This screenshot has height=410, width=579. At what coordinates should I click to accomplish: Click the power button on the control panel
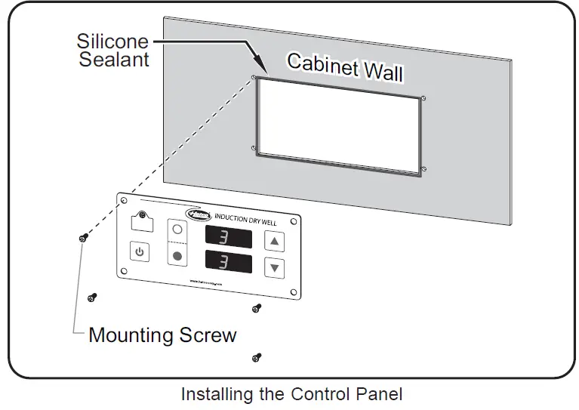(139, 251)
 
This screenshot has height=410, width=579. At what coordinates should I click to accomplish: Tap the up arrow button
(275, 242)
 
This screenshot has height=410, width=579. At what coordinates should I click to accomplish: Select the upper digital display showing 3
(229, 237)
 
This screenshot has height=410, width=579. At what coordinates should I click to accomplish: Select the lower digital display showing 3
(229, 264)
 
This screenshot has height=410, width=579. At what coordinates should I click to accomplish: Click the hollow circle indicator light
(178, 229)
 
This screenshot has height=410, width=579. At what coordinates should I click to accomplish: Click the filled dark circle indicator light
(178, 256)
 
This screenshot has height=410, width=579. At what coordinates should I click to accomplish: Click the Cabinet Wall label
(344, 67)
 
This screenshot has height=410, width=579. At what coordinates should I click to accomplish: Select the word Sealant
(114, 59)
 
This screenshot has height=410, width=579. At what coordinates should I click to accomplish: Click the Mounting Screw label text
(162, 334)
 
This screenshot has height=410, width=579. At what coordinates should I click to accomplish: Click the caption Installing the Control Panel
(291, 394)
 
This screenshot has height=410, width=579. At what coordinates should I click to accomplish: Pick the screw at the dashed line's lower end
(82, 239)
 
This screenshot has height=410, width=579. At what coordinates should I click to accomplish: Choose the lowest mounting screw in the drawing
(257, 356)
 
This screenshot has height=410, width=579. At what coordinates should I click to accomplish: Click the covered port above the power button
(139, 221)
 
